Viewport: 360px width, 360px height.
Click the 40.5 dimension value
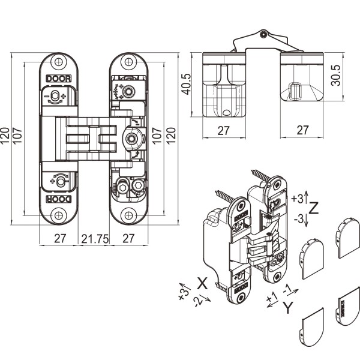point(186,85)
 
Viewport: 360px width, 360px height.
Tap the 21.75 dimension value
point(95,239)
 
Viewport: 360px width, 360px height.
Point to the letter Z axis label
point(314,208)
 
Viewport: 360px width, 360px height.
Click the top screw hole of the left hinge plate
point(58,62)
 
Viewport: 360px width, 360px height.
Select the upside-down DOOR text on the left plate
point(58,199)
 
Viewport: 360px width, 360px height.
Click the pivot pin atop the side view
point(263,34)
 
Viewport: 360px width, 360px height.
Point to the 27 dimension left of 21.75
point(59,239)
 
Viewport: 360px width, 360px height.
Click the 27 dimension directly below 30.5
point(303,130)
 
